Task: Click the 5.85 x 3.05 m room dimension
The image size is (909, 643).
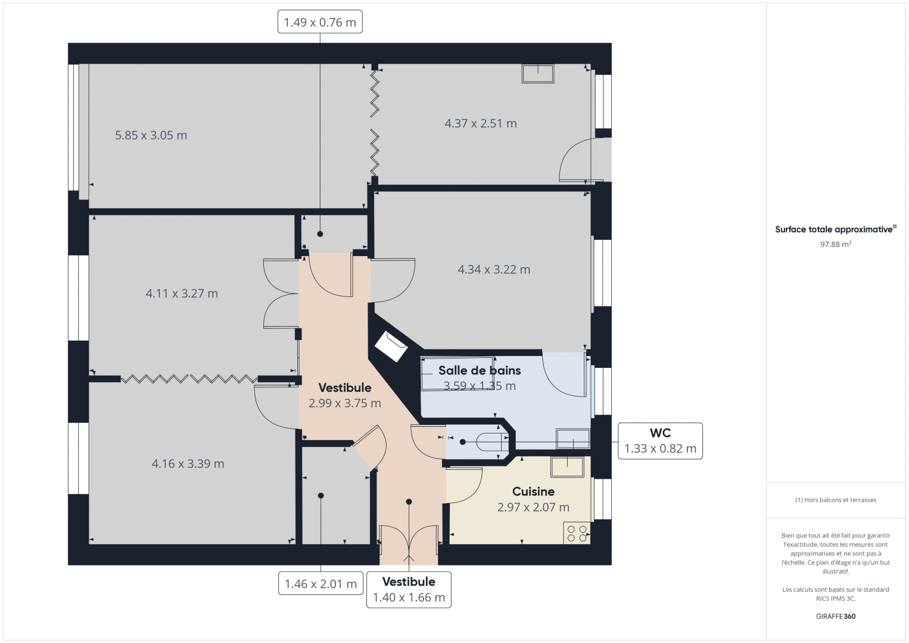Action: coord(151,135)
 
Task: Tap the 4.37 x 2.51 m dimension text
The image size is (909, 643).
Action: coord(481,123)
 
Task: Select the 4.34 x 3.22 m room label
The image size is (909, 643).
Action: coord(494,269)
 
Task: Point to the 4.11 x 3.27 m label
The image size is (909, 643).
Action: coord(182,294)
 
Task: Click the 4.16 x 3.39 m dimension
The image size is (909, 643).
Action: coord(188,464)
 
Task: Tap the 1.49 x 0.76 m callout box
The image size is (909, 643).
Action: coord(320,22)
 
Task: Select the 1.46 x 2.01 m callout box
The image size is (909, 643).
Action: coord(320,583)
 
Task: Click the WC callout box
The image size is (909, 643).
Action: coord(660,441)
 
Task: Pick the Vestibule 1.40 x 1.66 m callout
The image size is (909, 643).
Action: coord(409,589)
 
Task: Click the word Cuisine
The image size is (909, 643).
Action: coord(533,492)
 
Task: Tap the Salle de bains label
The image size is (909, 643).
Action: coord(480,370)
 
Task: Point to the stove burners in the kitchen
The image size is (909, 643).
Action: coord(577,533)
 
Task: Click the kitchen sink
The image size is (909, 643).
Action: coord(567,467)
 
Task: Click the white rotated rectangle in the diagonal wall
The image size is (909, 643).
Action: coord(391,347)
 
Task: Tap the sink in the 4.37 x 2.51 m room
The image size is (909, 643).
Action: coord(538,74)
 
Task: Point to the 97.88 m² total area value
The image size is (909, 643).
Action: coord(836,244)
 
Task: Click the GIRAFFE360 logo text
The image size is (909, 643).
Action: coord(836,616)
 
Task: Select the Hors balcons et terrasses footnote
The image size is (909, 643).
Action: coord(836,500)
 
